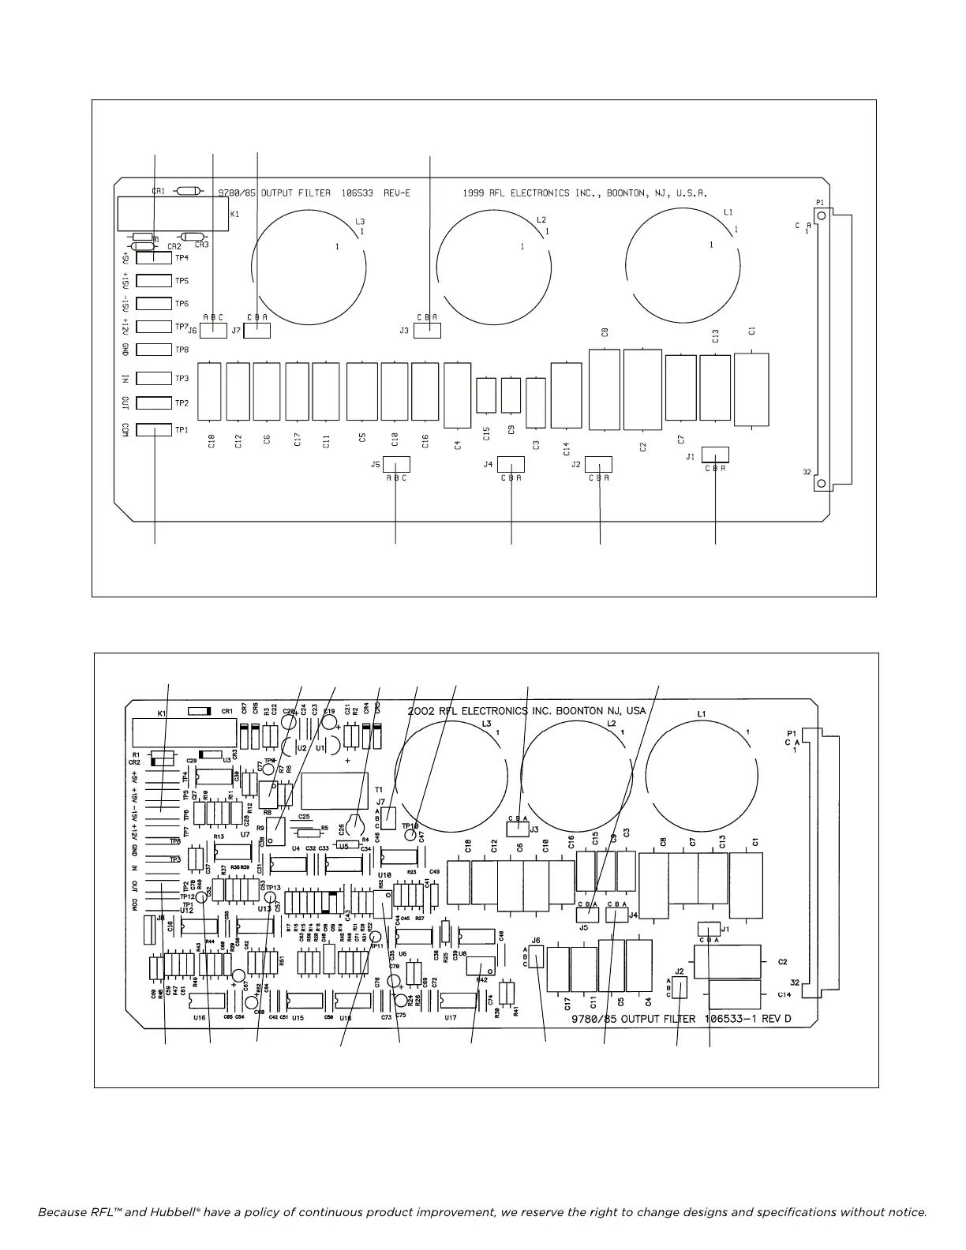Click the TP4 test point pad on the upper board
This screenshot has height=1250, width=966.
[x=154, y=257]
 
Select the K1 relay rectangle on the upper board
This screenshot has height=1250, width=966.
[x=173, y=214]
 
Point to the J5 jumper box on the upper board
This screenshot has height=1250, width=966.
[x=395, y=464]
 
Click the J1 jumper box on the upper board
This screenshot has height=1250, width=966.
[x=715, y=455]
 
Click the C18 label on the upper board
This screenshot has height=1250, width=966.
[x=212, y=442]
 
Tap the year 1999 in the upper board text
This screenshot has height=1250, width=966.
[x=473, y=193]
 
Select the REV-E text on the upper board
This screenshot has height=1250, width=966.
[x=397, y=193]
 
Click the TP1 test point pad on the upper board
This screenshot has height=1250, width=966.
[x=154, y=430]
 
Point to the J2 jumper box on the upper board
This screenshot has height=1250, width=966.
[x=600, y=464]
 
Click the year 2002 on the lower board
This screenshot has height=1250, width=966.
[x=423, y=710]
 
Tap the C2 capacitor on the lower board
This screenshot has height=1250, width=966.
[x=726, y=962]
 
